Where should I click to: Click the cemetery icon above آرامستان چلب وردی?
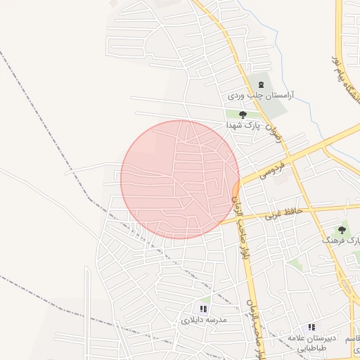262,84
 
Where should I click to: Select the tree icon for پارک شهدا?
243,114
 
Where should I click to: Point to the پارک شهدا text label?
243,124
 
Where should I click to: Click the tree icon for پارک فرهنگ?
342,230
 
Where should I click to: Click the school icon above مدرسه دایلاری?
204,309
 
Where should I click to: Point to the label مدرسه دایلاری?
205,319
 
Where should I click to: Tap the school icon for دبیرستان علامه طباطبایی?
311,328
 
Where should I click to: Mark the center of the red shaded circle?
180,179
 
